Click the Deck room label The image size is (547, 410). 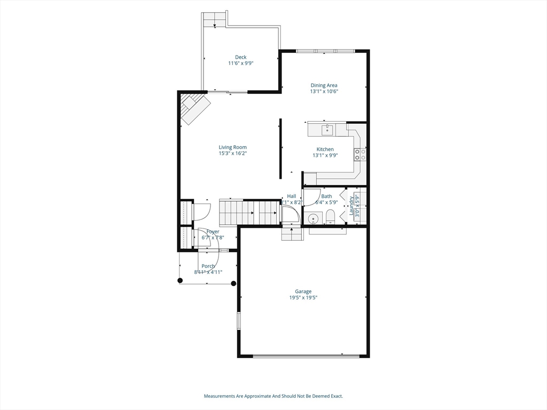[x=240, y=57]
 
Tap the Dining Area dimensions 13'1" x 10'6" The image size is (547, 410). [x=324, y=91]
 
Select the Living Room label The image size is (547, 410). [x=232, y=147]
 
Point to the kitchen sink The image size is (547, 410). [x=327, y=130]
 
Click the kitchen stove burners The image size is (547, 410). [x=360, y=155]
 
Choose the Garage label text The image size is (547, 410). [x=303, y=291]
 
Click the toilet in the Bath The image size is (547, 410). [x=330, y=216]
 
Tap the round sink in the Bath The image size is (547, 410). [x=312, y=218]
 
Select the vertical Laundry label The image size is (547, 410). [x=351, y=206]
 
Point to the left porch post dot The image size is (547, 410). [x=180, y=280]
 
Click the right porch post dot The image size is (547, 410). [x=233, y=283]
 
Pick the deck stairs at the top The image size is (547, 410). [x=215, y=19]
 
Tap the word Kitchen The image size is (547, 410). [x=325, y=149]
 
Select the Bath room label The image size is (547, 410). [x=326, y=196]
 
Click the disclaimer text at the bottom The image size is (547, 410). [x=273, y=396]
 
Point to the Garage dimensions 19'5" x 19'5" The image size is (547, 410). [x=303, y=298]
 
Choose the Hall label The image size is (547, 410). [x=291, y=196]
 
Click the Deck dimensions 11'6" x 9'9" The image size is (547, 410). [x=240, y=63]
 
